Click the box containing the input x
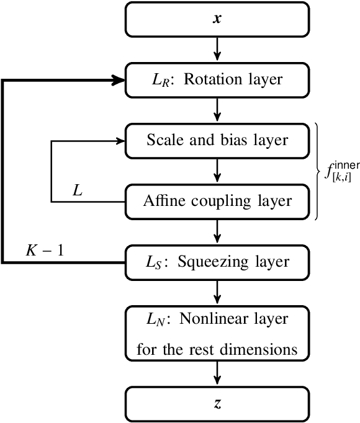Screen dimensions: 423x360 tap(217, 19)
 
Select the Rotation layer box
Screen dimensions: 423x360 tap(217, 80)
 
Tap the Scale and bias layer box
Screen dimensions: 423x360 tap(217, 140)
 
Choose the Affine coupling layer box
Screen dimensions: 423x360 tap(217, 201)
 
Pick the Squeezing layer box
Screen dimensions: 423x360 tap(217, 262)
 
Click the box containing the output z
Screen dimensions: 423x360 tap(217, 404)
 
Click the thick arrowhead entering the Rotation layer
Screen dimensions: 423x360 tap(118, 80)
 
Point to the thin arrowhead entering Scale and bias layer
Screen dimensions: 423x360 tap(119, 140)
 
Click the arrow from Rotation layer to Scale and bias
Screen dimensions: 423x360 tap(217, 110)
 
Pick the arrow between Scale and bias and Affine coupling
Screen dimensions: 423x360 tap(217, 171)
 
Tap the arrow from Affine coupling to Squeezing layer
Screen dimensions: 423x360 tap(217, 231)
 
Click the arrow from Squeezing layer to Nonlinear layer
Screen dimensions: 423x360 tap(217, 292)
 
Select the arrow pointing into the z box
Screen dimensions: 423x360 tap(217, 373)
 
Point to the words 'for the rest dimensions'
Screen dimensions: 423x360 tap(217, 349)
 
